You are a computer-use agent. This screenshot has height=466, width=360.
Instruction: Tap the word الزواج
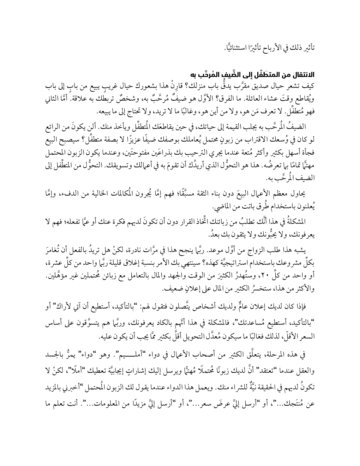click(x=269, y=256)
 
